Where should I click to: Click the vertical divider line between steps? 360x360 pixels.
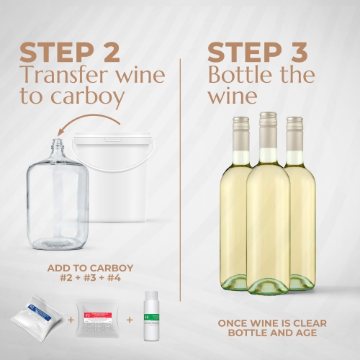pyautogui.click(x=181, y=180)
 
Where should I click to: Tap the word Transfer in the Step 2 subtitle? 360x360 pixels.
pyautogui.click(x=68, y=75)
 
